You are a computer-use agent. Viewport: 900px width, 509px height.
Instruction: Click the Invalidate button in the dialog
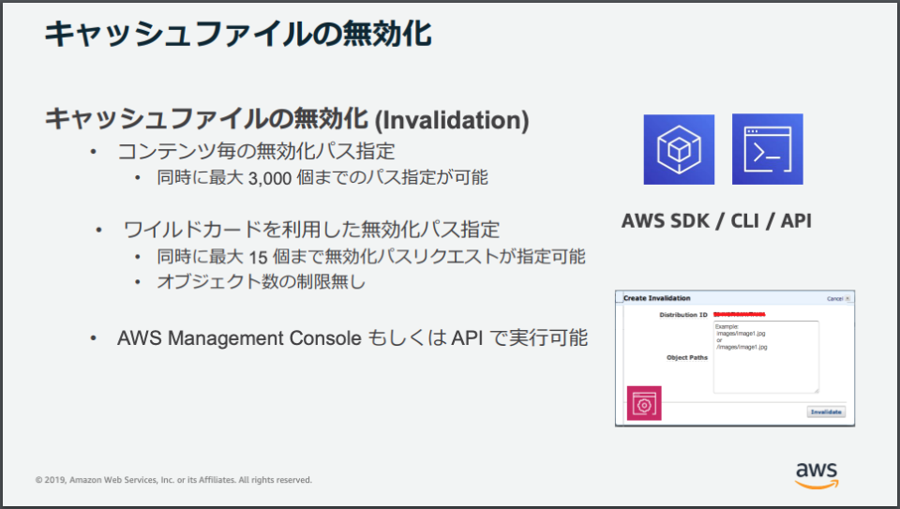[x=825, y=411]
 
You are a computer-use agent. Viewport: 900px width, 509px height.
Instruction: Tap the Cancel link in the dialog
[x=835, y=299]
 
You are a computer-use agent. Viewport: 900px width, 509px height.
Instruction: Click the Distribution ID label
[x=683, y=314]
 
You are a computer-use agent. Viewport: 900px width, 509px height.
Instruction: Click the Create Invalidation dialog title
[x=656, y=298]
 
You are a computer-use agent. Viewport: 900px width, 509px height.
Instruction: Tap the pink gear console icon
[x=644, y=404]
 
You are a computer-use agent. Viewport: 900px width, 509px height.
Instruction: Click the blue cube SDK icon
[x=678, y=150]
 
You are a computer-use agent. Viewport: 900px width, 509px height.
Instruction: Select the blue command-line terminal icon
[x=767, y=149]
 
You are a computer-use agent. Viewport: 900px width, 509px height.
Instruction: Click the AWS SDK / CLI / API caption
[x=716, y=221]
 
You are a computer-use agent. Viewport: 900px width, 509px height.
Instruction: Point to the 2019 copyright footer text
[x=173, y=480]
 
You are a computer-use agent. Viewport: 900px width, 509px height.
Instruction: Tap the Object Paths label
[x=687, y=357]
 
